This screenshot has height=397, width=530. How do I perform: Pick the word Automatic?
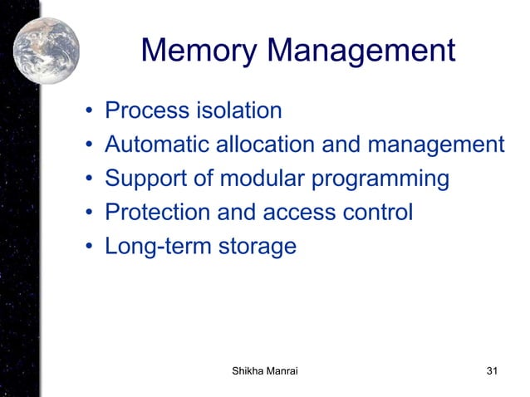(158, 145)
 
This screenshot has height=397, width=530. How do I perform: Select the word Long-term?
(157, 248)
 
